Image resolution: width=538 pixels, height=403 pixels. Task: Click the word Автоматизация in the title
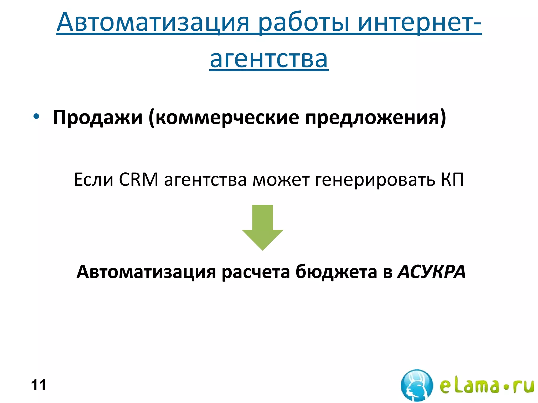pos(153,22)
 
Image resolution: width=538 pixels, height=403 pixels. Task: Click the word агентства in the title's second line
pos(269,59)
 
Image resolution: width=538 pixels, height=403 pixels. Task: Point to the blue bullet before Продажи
pos(36,116)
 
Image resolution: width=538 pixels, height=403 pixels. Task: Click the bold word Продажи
pos(98,117)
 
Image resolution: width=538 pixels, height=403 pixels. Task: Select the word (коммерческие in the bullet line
pos(224,117)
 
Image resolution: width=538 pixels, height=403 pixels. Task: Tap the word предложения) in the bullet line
pos(375,117)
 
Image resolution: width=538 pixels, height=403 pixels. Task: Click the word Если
pos(94,180)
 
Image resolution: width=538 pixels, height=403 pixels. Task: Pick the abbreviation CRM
pos(138,180)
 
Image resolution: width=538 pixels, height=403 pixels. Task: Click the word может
pos(281,180)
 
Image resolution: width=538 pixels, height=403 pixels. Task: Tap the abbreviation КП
pos(452,180)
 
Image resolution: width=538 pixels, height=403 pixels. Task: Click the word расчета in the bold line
pos(256,272)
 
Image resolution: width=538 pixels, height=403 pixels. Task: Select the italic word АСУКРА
pos(432,272)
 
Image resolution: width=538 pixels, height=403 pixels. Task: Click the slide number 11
pos(38,385)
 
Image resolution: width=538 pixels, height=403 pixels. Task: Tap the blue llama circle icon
pos(417,385)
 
